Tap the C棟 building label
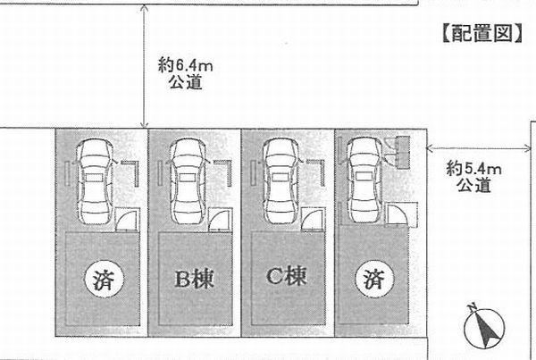point(284,277)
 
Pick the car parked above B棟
point(188,181)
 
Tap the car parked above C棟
point(279,181)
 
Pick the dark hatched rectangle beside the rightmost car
point(398,151)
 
